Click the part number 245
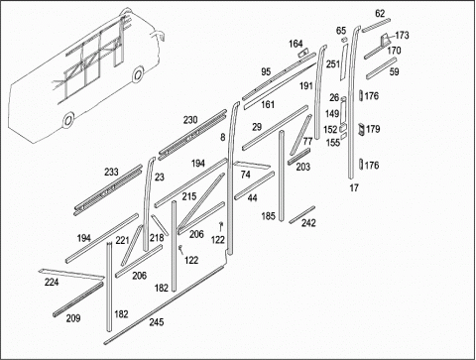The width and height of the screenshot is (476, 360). coord(157,321)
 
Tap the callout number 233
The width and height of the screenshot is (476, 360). coord(111,172)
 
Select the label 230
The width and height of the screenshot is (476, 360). coord(190,120)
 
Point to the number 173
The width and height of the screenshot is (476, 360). coord(402,35)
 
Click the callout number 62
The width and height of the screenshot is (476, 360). coord(380,13)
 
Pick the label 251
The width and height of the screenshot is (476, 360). coord(333,63)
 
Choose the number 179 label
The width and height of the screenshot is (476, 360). coord(373,129)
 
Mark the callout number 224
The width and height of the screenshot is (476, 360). coord(52,282)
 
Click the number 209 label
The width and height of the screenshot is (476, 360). coord(73,318)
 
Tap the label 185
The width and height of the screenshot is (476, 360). coord(268,216)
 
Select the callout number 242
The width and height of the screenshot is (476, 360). coord(308,223)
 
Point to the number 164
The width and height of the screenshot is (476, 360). coord(296,44)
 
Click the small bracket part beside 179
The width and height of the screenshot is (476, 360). coord(361,129)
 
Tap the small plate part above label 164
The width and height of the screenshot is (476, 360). coord(303,54)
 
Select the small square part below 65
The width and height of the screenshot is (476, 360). coord(344,40)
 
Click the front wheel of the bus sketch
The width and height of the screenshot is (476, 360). coord(138,74)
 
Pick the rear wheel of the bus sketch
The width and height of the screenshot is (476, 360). coord(67,120)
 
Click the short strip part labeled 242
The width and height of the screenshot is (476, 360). coord(301,214)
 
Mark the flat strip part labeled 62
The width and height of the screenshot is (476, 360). coord(376,26)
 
